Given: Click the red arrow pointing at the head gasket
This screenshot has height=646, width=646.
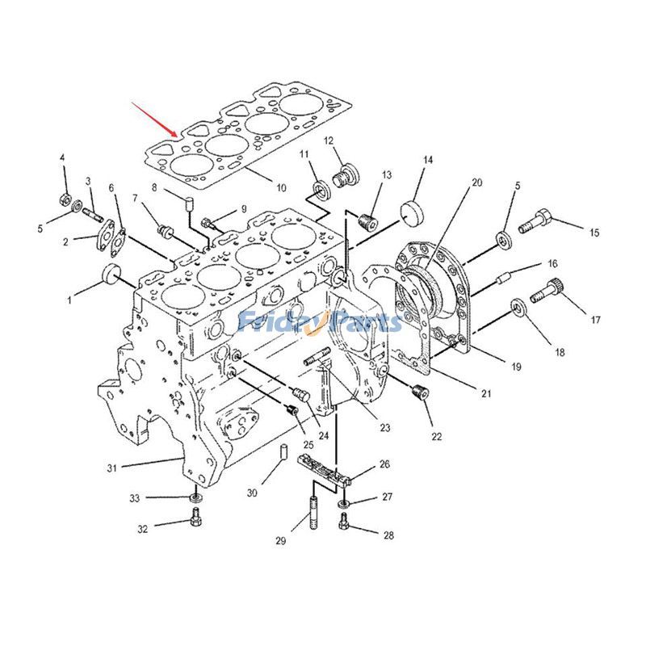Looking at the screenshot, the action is [154, 120].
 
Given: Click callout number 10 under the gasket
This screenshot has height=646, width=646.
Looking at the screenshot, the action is [281, 188].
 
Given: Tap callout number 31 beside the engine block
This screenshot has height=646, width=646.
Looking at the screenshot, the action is [112, 468].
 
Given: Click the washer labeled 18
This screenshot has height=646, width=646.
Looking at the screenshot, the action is [518, 308].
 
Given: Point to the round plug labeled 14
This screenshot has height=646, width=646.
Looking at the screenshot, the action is [413, 212].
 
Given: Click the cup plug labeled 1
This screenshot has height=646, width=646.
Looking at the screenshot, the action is [111, 274].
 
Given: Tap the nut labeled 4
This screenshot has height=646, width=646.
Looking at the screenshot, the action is [66, 199].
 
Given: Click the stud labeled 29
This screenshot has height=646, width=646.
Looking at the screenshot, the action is [313, 514].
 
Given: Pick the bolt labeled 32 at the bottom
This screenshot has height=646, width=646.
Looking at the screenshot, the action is [195, 518].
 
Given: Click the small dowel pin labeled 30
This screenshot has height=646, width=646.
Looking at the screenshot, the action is [284, 451].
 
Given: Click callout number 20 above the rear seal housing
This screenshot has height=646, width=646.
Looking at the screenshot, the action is [476, 182].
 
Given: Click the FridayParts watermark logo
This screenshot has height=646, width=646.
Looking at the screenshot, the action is [320, 321].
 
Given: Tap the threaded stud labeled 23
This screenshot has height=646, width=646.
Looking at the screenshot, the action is [317, 357].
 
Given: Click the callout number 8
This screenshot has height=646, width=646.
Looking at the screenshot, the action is [154, 188].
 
